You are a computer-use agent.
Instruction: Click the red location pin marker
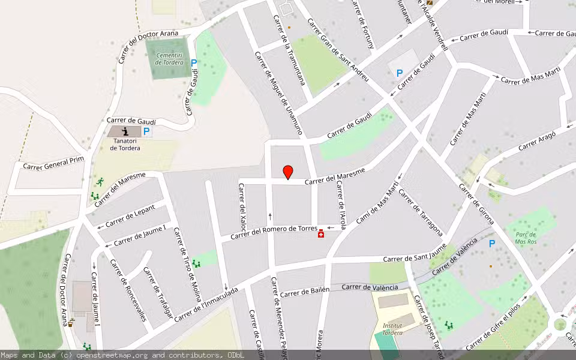click(288, 172)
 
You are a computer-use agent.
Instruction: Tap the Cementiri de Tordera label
click(168, 59)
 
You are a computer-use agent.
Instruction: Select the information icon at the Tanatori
click(125, 131)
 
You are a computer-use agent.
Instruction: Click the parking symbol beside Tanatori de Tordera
click(146, 131)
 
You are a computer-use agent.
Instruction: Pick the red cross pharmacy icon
click(322, 233)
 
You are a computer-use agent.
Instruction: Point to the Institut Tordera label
click(392, 328)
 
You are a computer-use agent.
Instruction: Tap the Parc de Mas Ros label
click(526, 238)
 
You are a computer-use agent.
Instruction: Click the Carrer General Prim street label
click(53, 164)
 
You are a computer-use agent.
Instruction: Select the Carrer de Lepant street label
click(130, 217)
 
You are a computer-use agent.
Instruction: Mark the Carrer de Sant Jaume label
click(415, 258)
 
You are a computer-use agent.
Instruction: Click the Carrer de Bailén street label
click(305, 292)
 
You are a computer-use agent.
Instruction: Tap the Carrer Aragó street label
click(537, 140)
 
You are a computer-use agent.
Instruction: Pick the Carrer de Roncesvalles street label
click(128, 290)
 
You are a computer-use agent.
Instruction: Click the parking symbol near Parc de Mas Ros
click(492, 244)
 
